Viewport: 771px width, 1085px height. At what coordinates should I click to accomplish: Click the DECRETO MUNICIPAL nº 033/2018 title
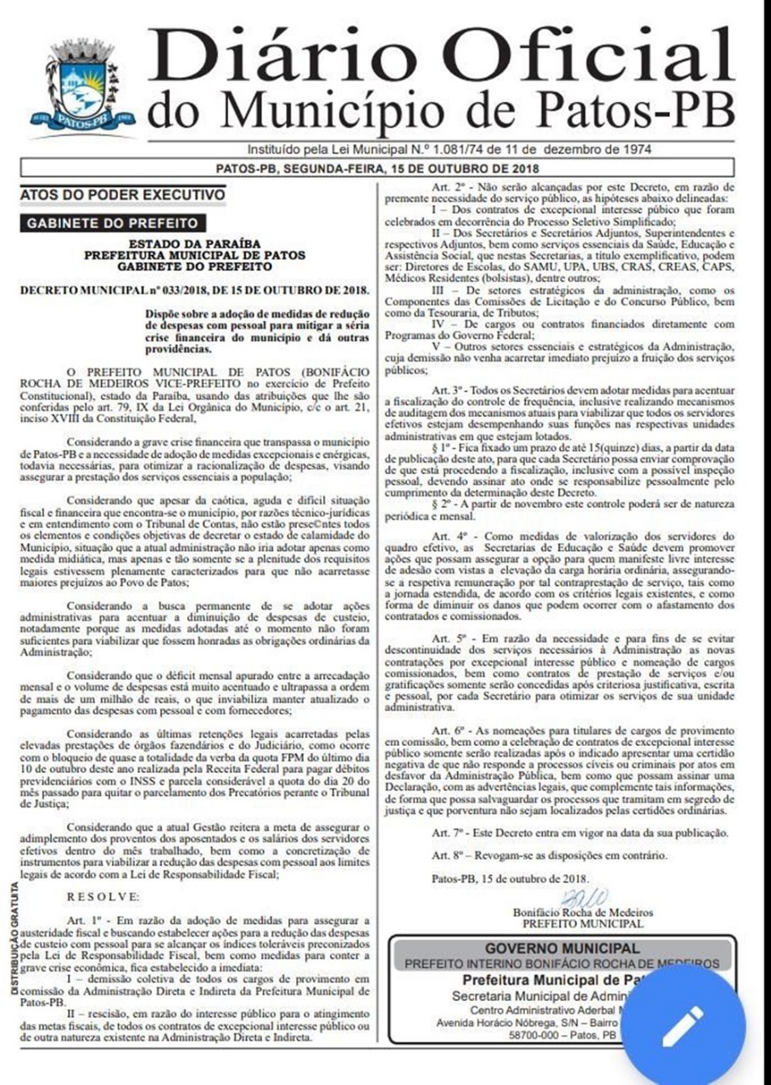191,291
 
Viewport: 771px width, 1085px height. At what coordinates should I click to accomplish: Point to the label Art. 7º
447,833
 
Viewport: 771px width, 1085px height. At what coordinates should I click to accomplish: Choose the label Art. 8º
447,855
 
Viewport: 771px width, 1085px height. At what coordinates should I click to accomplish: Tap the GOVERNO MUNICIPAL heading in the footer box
561,948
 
